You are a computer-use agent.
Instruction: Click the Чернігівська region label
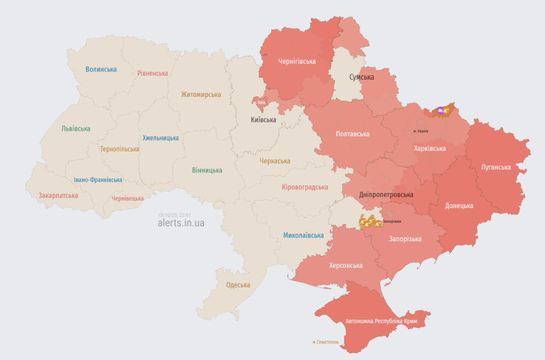click(x=297, y=62)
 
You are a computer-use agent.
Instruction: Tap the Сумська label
click(x=361, y=77)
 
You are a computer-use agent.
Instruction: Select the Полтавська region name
click(x=352, y=134)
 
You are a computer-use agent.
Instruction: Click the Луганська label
click(x=496, y=167)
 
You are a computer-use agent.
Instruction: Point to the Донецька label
click(x=459, y=206)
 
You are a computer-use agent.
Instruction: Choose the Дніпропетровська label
click(x=386, y=195)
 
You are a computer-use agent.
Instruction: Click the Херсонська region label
click(x=346, y=266)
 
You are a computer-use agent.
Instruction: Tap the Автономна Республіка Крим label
click(x=381, y=322)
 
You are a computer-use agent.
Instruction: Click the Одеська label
click(x=238, y=285)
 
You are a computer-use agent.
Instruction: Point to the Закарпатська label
click(x=58, y=195)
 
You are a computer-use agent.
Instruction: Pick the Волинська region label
click(x=101, y=69)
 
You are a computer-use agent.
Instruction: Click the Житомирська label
click(x=201, y=94)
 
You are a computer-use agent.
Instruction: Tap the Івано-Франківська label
click(x=98, y=180)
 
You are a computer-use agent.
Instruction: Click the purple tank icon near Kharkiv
click(x=441, y=110)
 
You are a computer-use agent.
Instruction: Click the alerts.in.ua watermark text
click(x=181, y=223)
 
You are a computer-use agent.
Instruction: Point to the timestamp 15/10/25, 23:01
click(x=175, y=215)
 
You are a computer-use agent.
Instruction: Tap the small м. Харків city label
click(x=420, y=131)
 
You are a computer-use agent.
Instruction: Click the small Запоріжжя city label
click(x=392, y=222)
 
